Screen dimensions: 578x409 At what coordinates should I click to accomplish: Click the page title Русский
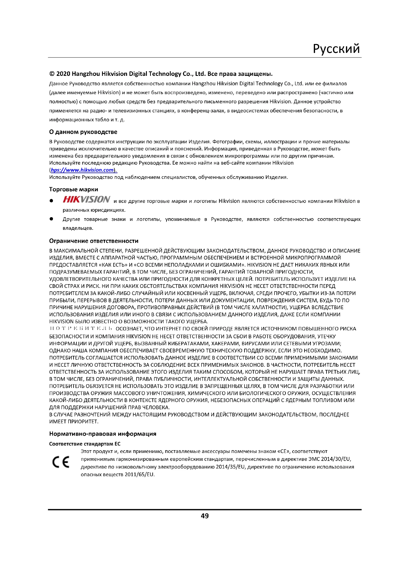pyautogui.click(x=336, y=49)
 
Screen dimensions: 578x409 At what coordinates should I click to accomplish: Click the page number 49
pyautogui.click(x=204, y=516)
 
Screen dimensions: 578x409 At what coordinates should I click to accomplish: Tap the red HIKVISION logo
pyautogui.click(x=86, y=199)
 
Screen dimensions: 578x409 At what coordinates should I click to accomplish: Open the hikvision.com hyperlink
pyautogui.click(x=82, y=170)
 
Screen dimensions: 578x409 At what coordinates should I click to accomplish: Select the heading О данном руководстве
pyautogui.click(x=83, y=132)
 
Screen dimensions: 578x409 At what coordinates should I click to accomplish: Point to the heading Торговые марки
pyautogui.click(x=73, y=189)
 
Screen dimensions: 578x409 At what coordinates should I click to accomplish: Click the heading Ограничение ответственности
pyautogui.click(x=94, y=241)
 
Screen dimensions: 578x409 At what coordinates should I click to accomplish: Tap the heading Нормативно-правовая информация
pyautogui.click(x=103, y=434)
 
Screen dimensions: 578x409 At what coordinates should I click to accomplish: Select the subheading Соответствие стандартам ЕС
pyautogui.click(x=85, y=444)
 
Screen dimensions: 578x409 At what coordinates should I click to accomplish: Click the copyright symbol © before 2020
pyautogui.click(x=52, y=74)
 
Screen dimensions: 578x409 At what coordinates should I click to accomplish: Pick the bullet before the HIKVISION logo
pyautogui.click(x=51, y=201)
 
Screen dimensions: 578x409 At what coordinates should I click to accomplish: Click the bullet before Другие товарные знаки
pyautogui.click(x=51, y=219)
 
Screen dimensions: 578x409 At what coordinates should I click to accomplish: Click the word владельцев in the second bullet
pyautogui.click(x=78, y=228)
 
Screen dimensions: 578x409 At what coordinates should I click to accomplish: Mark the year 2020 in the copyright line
pyautogui.click(x=63, y=74)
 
